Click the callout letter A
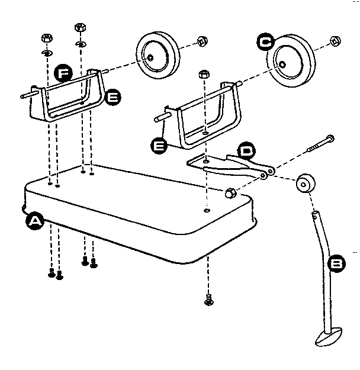click(x=35, y=221)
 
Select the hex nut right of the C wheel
click(x=334, y=41)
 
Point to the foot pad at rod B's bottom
click(x=327, y=339)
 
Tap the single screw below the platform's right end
click(x=207, y=301)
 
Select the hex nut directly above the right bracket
click(x=203, y=75)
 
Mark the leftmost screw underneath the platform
click(x=51, y=274)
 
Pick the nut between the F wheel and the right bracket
click(x=201, y=41)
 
